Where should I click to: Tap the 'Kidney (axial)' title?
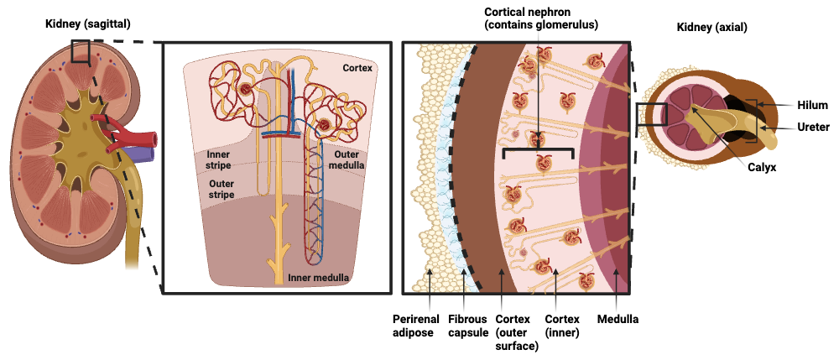click(x=711, y=28)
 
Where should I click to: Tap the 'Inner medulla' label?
click(x=319, y=277)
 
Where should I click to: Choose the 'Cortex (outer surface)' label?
click(x=517, y=332)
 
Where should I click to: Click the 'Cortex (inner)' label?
click(x=562, y=326)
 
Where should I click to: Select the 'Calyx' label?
click(x=762, y=167)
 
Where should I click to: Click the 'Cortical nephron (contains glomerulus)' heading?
click(x=541, y=18)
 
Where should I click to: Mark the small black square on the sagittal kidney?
click(x=80, y=51)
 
